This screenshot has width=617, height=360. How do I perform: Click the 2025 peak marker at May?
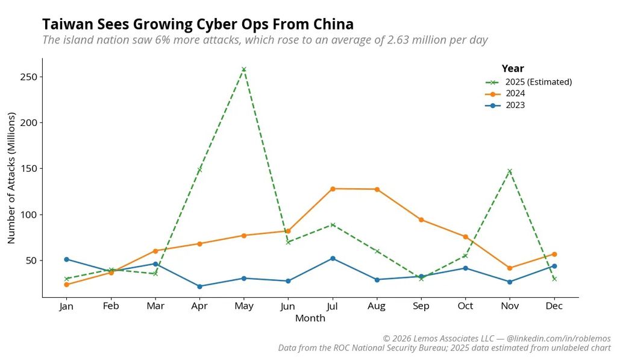click(243, 69)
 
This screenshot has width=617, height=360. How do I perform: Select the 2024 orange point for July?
click(333, 189)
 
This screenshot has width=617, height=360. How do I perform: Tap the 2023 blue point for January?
click(66, 259)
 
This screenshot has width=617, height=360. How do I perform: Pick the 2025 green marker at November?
click(510, 171)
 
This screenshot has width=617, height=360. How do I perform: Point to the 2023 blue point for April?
click(199, 286)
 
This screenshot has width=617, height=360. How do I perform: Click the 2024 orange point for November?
click(510, 268)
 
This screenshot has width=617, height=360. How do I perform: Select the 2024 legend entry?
click(515, 93)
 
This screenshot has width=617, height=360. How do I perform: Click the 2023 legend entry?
click(515, 105)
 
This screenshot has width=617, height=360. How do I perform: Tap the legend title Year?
click(513, 69)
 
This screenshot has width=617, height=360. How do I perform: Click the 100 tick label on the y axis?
click(28, 215)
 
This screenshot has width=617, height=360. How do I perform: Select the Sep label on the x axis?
click(421, 306)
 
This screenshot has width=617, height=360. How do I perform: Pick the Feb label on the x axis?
click(111, 306)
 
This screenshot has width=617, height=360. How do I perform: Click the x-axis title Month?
click(310, 318)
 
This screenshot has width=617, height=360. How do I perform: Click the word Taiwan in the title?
click(67, 25)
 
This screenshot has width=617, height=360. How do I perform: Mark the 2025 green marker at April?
click(199, 170)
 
